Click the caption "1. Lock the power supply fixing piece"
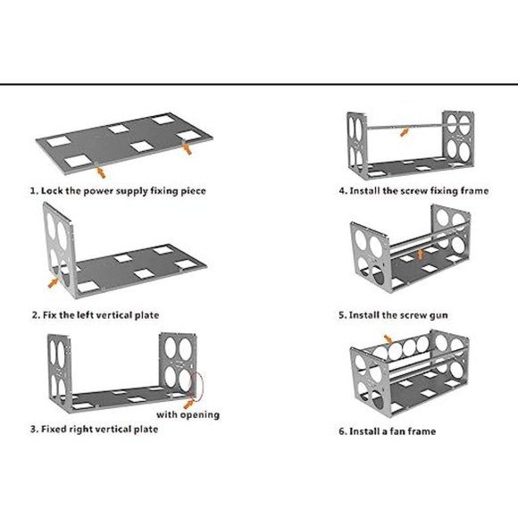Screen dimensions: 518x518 [x=118, y=191]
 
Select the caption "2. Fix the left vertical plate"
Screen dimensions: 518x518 [x=96, y=315]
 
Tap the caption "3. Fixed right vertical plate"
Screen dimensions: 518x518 [x=94, y=429]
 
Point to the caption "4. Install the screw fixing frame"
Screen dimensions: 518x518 [x=414, y=191]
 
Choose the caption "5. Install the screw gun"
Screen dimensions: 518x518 [x=393, y=315]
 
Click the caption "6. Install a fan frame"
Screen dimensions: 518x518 [x=388, y=431]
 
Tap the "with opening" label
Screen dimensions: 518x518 [x=188, y=414]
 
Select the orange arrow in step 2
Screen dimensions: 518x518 [x=54, y=282]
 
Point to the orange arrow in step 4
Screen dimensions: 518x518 [x=405, y=132]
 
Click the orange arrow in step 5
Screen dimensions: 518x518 [x=421, y=255]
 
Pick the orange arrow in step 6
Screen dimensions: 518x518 [x=388, y=339]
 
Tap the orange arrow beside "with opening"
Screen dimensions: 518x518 [x=188, y=404]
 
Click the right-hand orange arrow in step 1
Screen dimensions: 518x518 [x=188, y=148]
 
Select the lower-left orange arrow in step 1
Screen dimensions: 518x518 [x=100, y=172]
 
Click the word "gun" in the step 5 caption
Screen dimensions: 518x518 [x=439, y=316]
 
